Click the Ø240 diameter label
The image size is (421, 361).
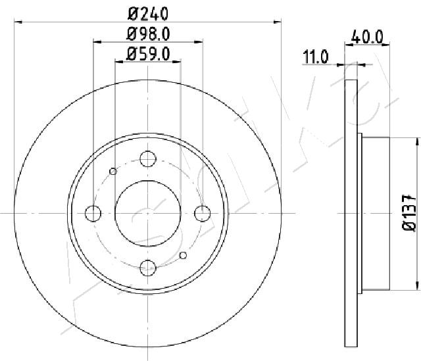(x=148, y=14)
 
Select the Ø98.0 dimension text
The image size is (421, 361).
(x=148, y=34)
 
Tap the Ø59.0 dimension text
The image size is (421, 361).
(x=148, y=54)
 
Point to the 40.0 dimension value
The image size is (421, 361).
(x=367, y=37)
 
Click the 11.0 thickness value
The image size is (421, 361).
(x=316, y=57)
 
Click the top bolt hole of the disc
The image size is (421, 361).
(x=148, y=158)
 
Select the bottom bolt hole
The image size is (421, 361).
(x=148, y=268)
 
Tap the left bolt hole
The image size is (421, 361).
(x=93, y=214)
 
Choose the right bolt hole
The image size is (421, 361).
(x=203, y=214)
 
